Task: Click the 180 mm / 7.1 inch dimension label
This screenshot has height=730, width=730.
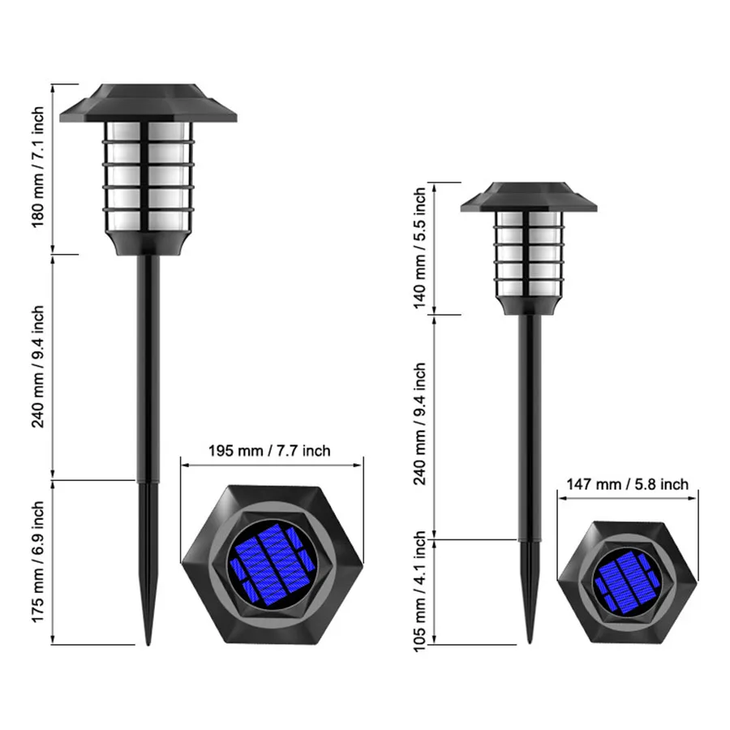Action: (x=38, y=169)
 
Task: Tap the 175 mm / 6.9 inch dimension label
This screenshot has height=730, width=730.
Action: (x=38, y=562)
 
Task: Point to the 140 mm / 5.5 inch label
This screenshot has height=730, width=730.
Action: (x=419, y=247)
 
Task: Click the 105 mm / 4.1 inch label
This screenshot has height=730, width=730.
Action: (x=419, y=591)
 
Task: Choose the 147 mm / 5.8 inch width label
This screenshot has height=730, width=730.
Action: (x=627, y=484)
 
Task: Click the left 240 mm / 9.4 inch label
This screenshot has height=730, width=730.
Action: (x=38, y=367)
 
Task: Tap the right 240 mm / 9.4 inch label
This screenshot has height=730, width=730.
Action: (x=419, y=423)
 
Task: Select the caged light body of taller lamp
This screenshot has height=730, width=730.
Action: (x=148, y=174)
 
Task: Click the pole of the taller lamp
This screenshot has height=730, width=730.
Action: (x=148, y=365)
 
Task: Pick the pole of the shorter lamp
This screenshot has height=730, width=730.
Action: (x=529, y=422)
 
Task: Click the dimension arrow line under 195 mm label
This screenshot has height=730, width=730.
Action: (x=272, y=466)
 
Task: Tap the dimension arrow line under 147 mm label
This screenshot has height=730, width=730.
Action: (x=627, y=499)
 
